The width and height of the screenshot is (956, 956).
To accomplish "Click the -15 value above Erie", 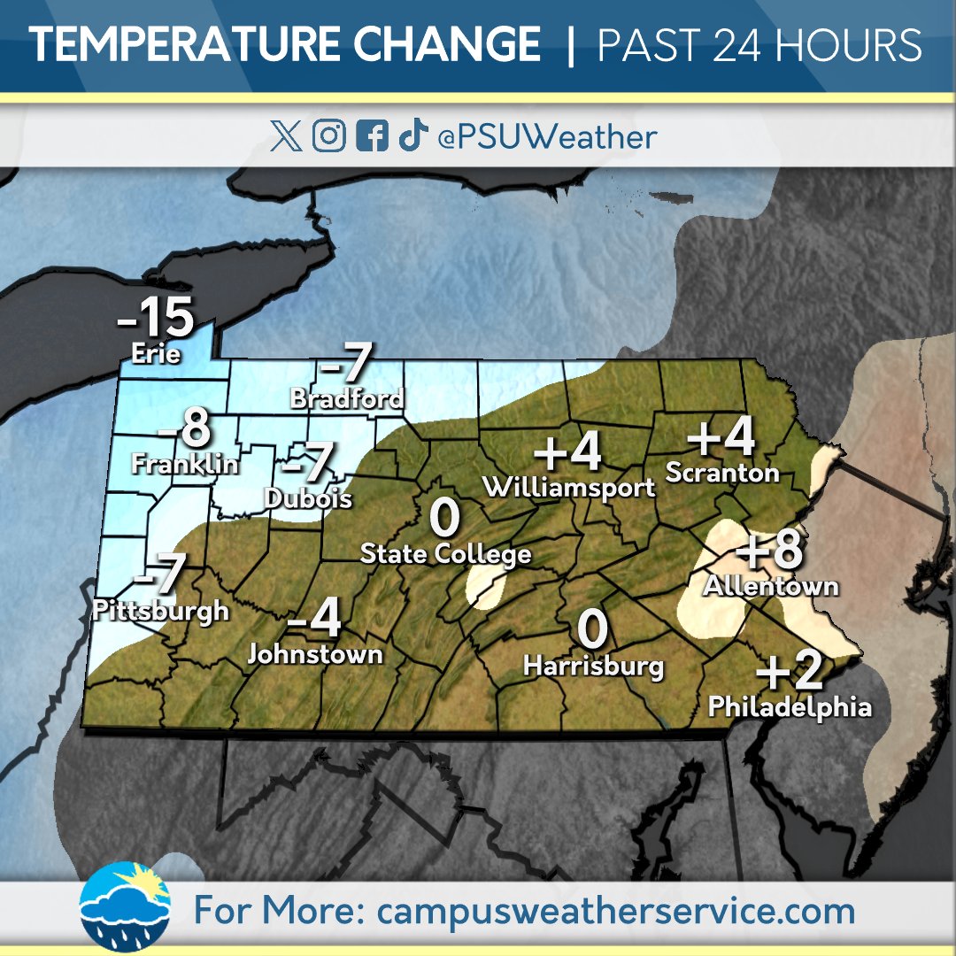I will point(156,318).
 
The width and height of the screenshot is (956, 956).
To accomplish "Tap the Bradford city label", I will point(347,399).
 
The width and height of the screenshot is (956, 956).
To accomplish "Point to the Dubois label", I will point(308,499).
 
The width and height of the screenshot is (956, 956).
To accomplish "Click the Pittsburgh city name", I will point(160,611).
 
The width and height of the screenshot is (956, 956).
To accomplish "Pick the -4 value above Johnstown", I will point(315,621).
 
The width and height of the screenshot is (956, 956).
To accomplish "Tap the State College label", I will point(445,555).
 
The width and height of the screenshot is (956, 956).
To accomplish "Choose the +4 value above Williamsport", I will point(568,452).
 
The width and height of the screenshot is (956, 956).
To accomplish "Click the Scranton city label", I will point(721,473).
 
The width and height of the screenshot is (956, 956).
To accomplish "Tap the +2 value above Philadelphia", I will point(790,673).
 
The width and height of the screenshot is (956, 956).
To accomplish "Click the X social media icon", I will point(286,137).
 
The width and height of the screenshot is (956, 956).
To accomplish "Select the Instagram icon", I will point(329,137).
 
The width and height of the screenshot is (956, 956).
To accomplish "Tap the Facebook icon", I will point(372,137).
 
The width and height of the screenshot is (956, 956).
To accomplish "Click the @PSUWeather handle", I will point(547,137).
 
